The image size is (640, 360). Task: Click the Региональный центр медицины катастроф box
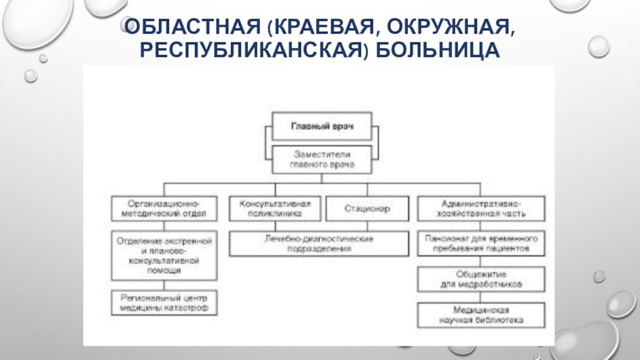click(x=162, y=302)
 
